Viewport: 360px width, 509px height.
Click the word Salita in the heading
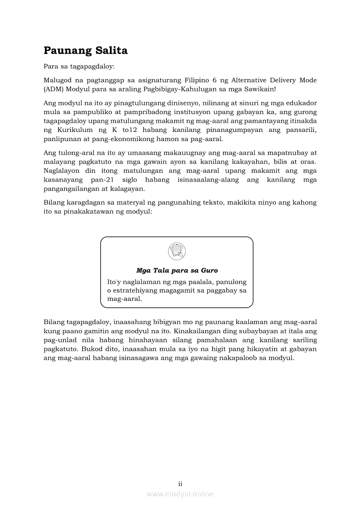tap(111, 51)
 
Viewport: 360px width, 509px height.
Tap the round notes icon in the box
tap(177, 252)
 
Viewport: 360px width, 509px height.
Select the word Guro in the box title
tap(209, 270)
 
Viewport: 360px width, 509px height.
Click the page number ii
tap(180, 484)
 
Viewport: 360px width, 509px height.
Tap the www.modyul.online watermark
tap(180, 494)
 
